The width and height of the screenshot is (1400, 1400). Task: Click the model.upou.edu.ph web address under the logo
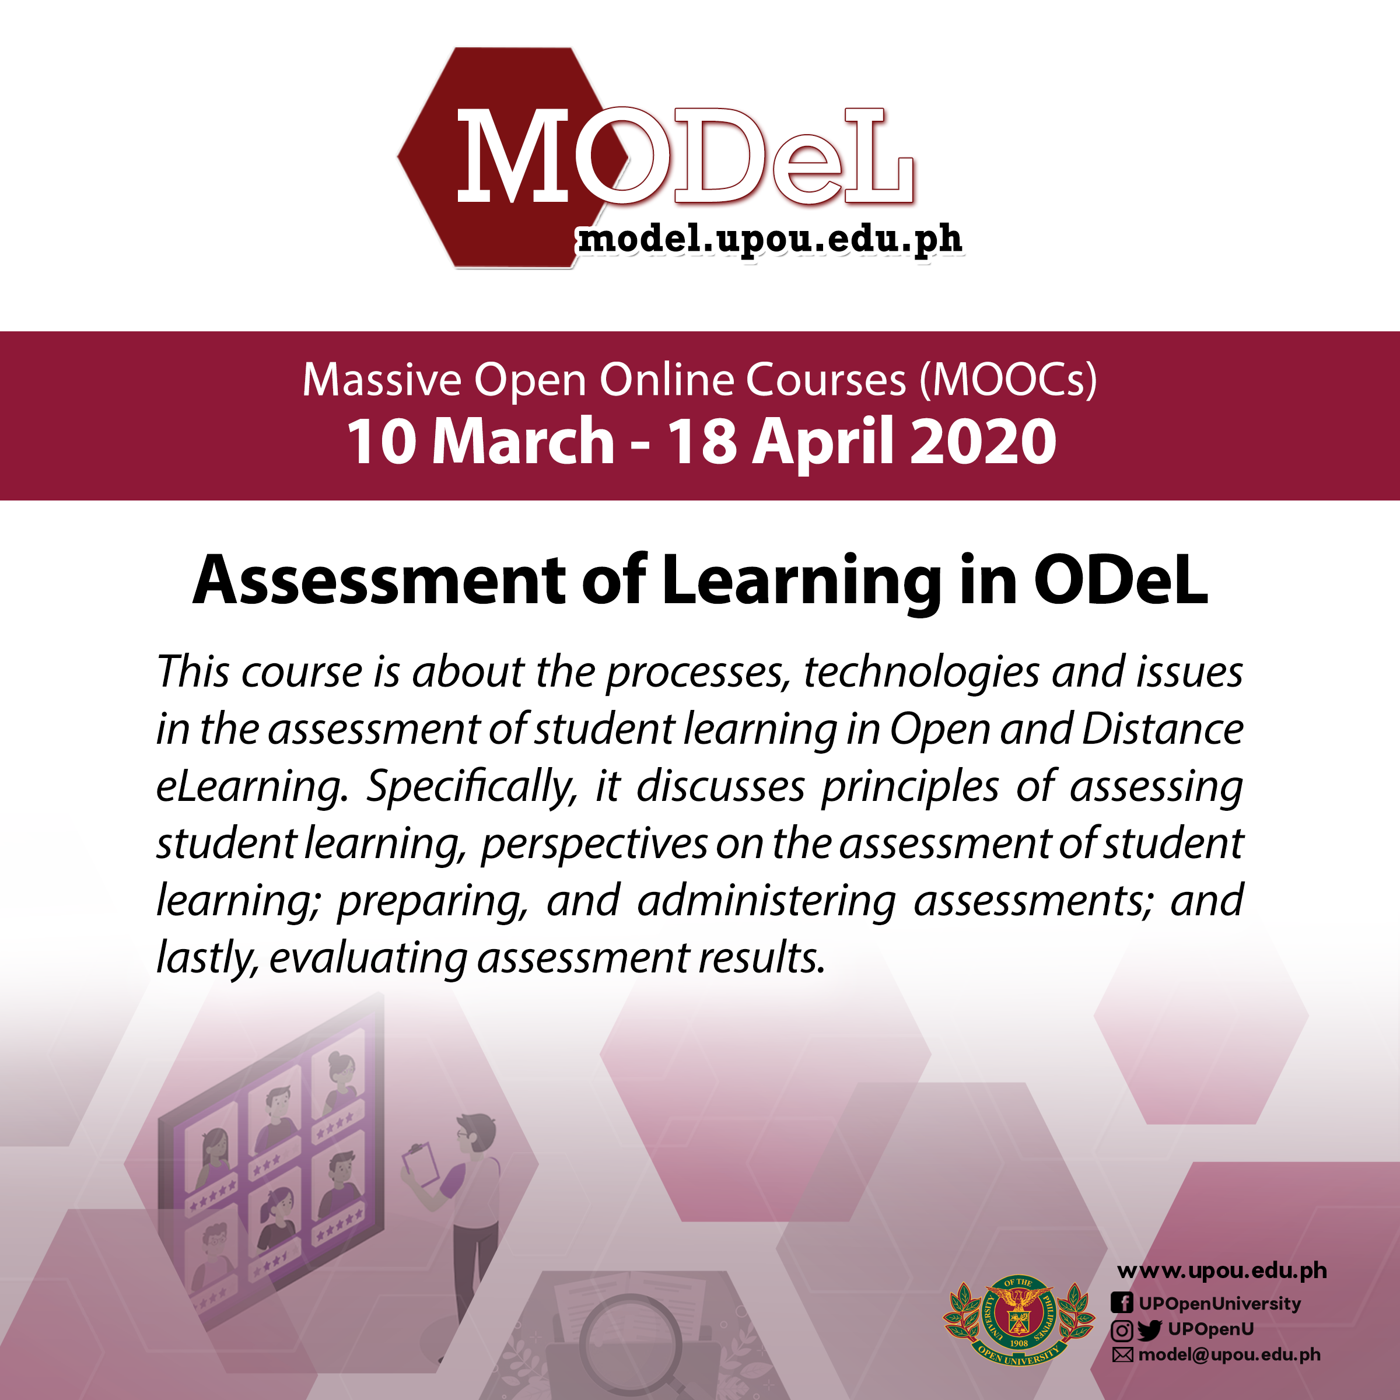[769, 240]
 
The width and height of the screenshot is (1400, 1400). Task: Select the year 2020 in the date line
[984, 442]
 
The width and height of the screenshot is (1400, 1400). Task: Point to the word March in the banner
[523, 442]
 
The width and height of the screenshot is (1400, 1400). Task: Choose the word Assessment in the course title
[379, 580]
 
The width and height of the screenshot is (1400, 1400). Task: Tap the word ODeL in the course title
[1121, 580]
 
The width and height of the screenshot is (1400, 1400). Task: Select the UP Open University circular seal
[1018, 1320]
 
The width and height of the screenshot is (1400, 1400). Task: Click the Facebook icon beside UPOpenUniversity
[1121, 1303]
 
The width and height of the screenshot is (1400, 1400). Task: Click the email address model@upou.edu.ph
[1229, 1355]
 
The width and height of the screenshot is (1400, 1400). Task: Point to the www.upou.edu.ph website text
[1221, 1271]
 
